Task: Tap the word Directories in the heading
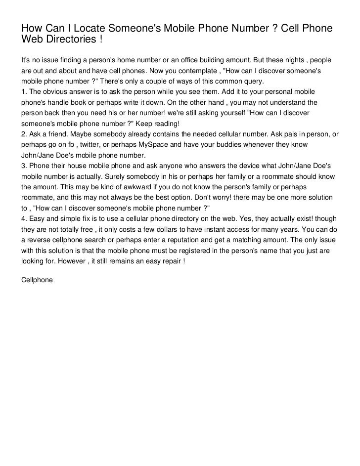click(x=68, y=39)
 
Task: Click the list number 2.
click(x=23, y=134)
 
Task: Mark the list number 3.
click(x=23, y=166)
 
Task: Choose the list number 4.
click(x=23, y=219)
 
